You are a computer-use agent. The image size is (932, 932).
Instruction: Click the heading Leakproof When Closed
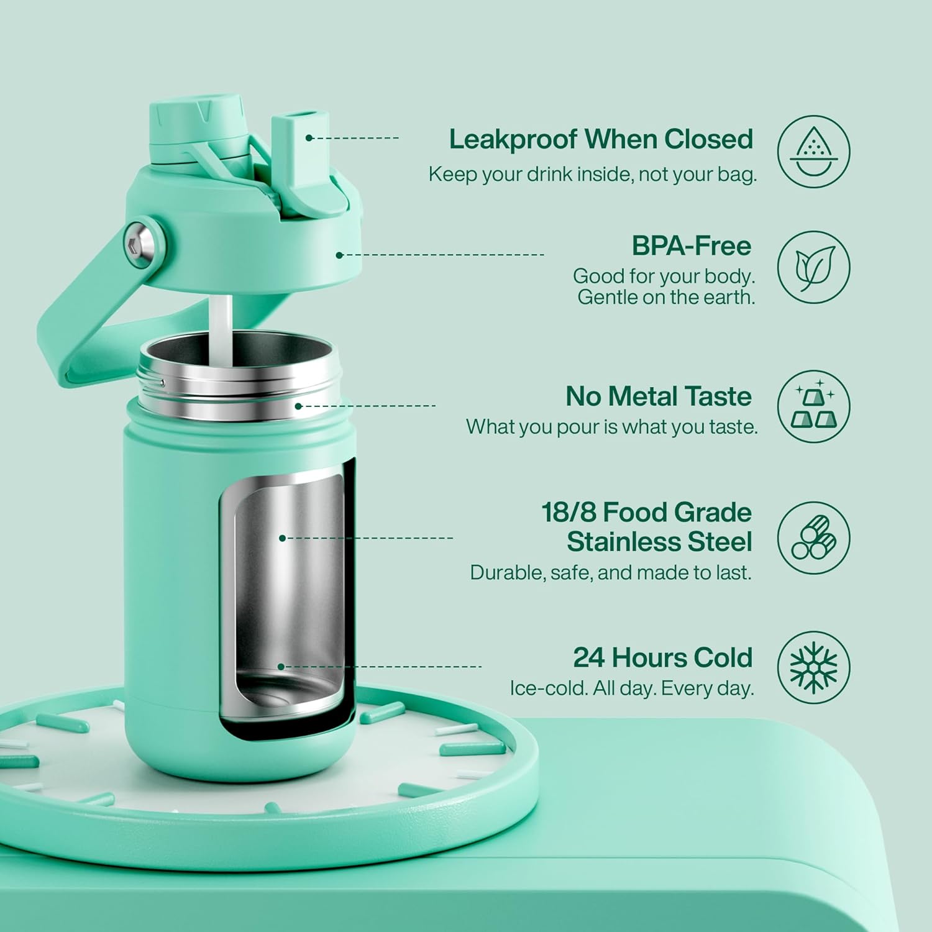click(601, 139)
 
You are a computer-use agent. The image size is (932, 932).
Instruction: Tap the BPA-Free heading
click(692, 246)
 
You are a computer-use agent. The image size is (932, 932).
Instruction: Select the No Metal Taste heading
click(659, 396)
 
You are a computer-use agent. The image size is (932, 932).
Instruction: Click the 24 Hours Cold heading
click(662, 657)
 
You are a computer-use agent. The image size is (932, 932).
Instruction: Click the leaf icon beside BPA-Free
click(813, 267)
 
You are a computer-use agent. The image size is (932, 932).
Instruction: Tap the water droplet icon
click(813, 152)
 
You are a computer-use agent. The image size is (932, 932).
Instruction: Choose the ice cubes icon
click(813, 407)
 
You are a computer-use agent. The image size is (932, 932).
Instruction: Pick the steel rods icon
click(813, 537)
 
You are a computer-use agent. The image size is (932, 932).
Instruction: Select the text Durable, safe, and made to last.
click(611, 573)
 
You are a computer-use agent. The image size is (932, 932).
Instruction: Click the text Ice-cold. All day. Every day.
click(631, 688)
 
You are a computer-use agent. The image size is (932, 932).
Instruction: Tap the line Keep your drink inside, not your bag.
click(593, 175)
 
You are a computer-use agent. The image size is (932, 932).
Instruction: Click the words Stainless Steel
click(659, 542)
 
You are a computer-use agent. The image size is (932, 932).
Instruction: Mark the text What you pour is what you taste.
click(612, 427)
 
